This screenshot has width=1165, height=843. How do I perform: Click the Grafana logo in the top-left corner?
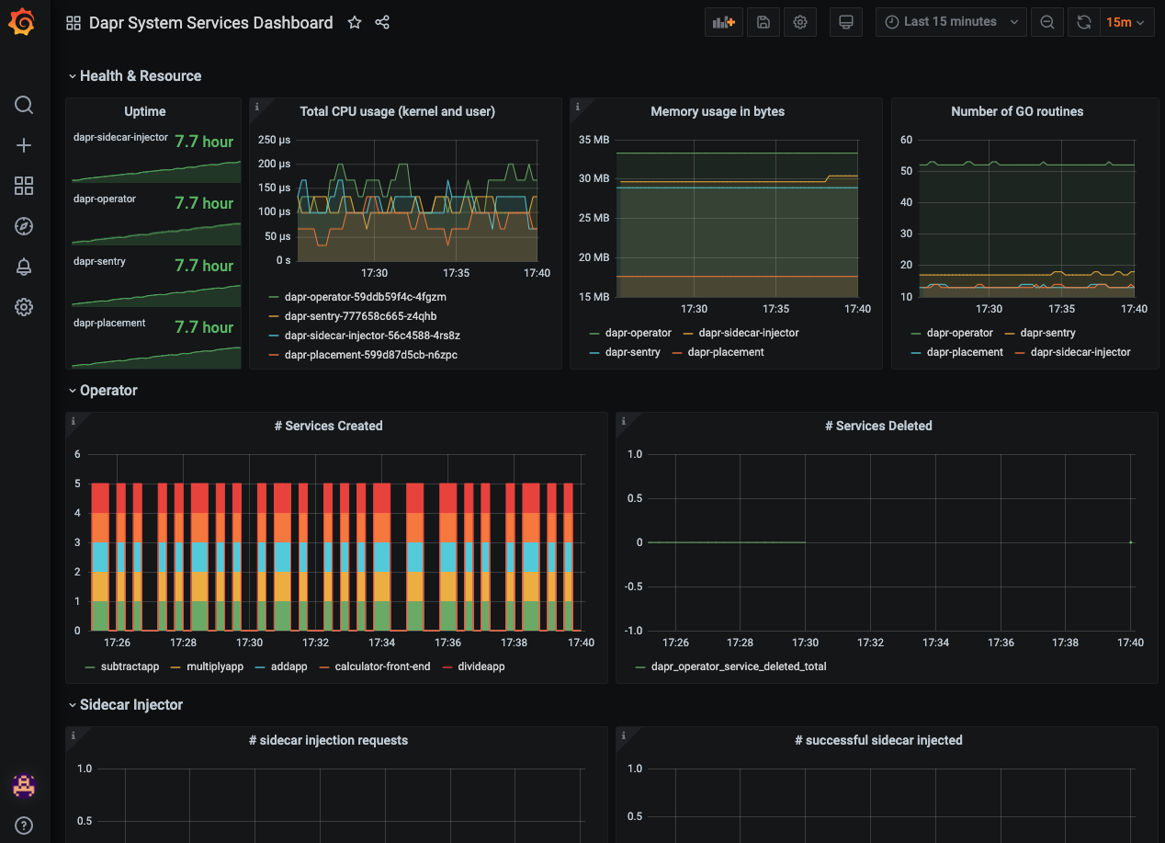tap(23, 23)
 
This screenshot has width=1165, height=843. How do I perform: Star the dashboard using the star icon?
tap(355, 23)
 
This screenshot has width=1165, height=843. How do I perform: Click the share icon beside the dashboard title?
tap(383, 23)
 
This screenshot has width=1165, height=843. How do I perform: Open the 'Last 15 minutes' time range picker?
tap(950, 22)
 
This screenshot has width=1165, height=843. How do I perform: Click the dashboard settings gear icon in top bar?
tap(800, 22)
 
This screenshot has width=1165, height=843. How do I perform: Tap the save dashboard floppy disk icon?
tap(763, 22)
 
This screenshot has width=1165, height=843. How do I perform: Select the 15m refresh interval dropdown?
tap(1126, 22)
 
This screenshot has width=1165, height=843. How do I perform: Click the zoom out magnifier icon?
tap(1046, 22)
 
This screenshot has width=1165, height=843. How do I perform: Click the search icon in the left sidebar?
tap(24, 105)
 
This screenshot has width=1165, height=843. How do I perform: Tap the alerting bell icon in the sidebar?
tap(24, 267)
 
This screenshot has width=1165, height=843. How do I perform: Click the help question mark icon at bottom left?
tap(24, 824)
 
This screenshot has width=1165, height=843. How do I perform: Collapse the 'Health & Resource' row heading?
tap(140, 76)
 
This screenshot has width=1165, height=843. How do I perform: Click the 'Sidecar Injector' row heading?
tap(130, 705)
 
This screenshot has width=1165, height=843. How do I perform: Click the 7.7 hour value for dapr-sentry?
tap(204, 266)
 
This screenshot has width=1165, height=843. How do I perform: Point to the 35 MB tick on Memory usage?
tap(594, 140)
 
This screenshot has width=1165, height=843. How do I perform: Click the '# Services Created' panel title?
tap(328, 426)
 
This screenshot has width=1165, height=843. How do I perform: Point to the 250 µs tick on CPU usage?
tap(274, 140)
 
